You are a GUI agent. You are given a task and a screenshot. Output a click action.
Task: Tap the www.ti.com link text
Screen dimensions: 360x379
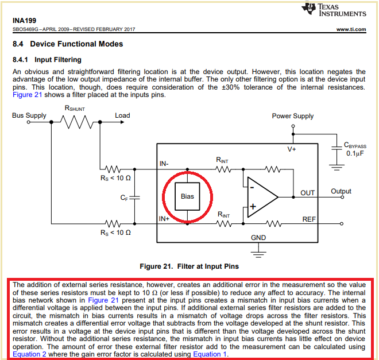351,29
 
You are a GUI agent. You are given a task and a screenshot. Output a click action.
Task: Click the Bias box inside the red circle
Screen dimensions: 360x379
187,196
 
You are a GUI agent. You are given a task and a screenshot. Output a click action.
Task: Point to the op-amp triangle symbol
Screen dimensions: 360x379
261,196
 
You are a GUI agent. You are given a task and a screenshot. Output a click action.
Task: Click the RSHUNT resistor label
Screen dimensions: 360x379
75,108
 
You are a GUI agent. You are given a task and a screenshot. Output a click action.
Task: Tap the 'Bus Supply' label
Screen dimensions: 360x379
29,115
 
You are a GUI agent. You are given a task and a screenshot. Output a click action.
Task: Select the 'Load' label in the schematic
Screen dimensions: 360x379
122,115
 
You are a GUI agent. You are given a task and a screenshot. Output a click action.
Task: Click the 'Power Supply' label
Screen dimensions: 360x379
293,116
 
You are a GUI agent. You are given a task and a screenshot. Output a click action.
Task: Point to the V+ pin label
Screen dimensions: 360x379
292,149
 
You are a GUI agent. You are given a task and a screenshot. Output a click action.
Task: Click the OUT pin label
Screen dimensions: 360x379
308,193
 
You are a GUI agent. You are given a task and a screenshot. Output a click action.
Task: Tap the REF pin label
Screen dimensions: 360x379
309,219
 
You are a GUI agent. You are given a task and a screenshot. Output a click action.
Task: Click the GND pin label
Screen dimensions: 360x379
258,237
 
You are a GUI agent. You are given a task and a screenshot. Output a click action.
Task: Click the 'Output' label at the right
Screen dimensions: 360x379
341,191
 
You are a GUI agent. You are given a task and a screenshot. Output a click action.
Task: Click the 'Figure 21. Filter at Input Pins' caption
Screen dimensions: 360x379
189,266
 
